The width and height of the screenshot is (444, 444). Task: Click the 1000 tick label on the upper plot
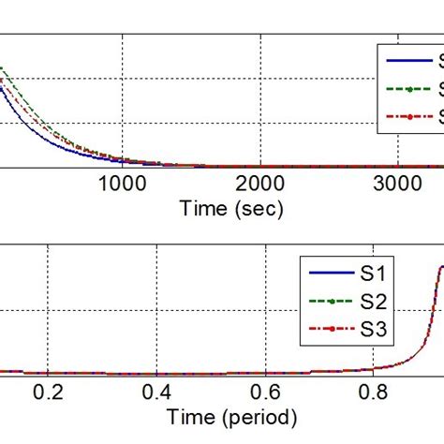pyautogui.click(x=121, y=185)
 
